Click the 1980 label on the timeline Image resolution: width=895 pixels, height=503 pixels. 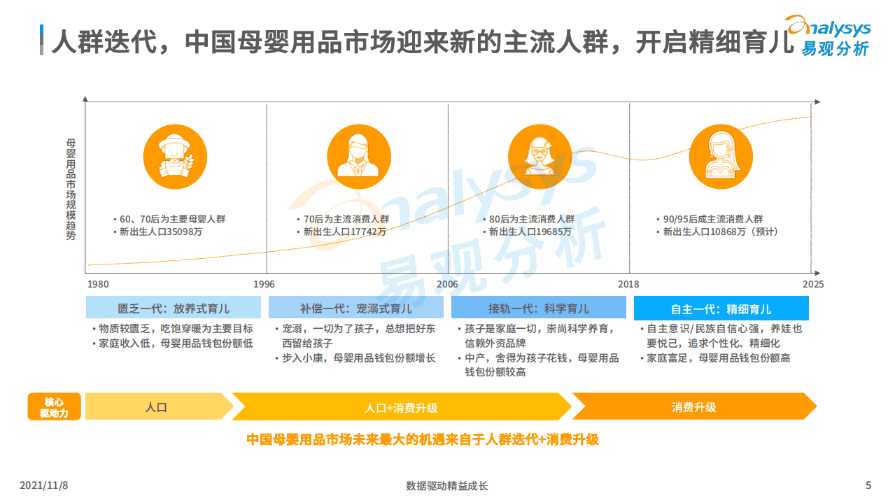98,285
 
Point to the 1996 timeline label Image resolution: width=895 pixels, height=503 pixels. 264,285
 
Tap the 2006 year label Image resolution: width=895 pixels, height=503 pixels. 447,285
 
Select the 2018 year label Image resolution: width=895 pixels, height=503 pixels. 628,285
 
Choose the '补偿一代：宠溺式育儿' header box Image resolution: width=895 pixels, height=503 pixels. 356,309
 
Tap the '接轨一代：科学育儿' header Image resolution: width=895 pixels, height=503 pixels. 538,309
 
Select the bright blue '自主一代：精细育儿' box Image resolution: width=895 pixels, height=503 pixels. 721,309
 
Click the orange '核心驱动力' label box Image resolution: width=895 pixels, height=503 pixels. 54,407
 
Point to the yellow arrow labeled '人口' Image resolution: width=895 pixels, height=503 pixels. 157,407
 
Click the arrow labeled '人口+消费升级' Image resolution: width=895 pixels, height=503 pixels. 401,407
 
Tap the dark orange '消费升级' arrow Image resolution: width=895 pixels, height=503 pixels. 693,407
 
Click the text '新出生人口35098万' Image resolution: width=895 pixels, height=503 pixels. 160,232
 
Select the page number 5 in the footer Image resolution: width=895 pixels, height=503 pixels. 868,486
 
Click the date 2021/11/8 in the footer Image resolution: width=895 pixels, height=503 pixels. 48,486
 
